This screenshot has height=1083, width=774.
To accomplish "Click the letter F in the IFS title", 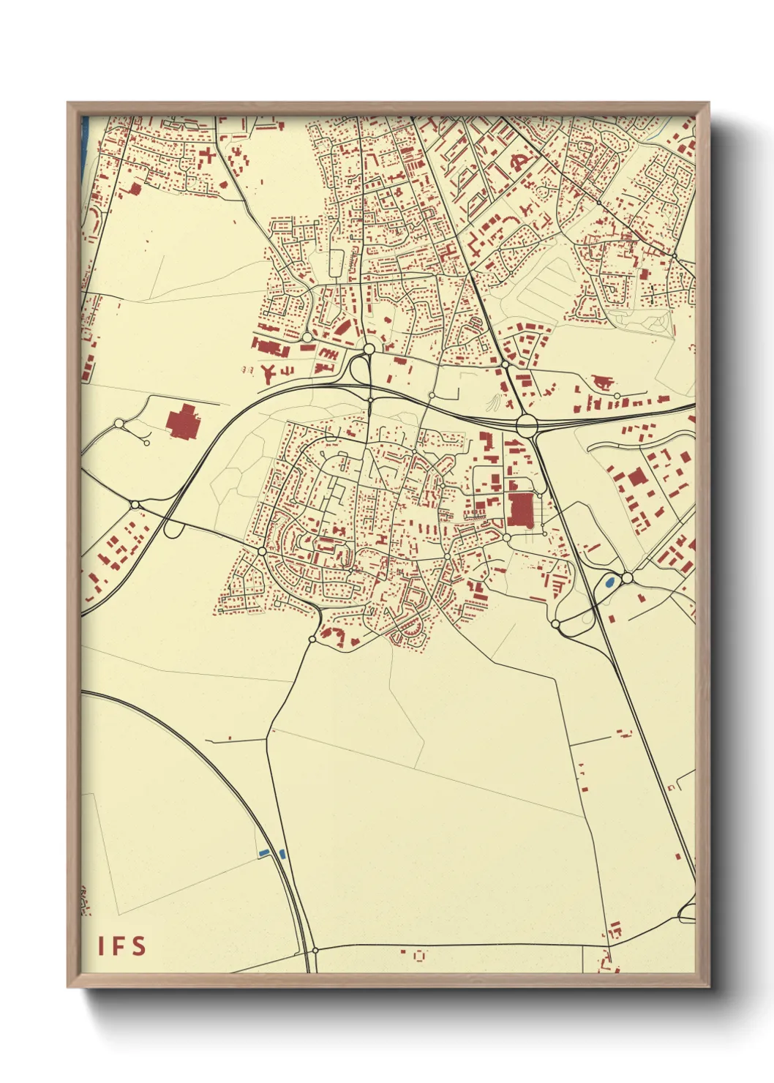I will pyautogui.click(x=120, y=946).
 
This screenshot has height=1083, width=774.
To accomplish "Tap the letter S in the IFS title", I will pyautogui.click(x=139, y=946).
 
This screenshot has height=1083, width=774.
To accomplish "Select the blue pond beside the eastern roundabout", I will pyautogui.click(x=609, y=583).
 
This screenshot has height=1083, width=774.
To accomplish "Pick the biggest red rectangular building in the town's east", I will pyautogui.click(x=521, y=509).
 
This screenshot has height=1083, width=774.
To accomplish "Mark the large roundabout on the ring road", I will pyautogui.click(x=526, y=424).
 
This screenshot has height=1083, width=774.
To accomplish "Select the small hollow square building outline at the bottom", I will pyautogui.click(x=419, y=955).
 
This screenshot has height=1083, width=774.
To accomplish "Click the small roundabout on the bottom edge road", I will pyautogui.click(x=315, y=950).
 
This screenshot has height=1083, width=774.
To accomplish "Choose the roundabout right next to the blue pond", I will pyautogui.click(x=627, y=578).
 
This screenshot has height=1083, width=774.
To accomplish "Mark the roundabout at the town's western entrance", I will pyautogui.click(x=262, y=550).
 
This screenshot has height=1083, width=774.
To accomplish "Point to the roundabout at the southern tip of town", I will pyautogui.click(x=312, y=639).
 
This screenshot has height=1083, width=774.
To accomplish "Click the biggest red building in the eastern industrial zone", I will pyautogui.click(x=637, y=478).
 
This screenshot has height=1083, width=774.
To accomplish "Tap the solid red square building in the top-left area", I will pyautogui.click(x=135, y=188).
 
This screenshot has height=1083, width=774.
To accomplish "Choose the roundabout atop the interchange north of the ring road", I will pyautogui.click(x=369, y=349).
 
